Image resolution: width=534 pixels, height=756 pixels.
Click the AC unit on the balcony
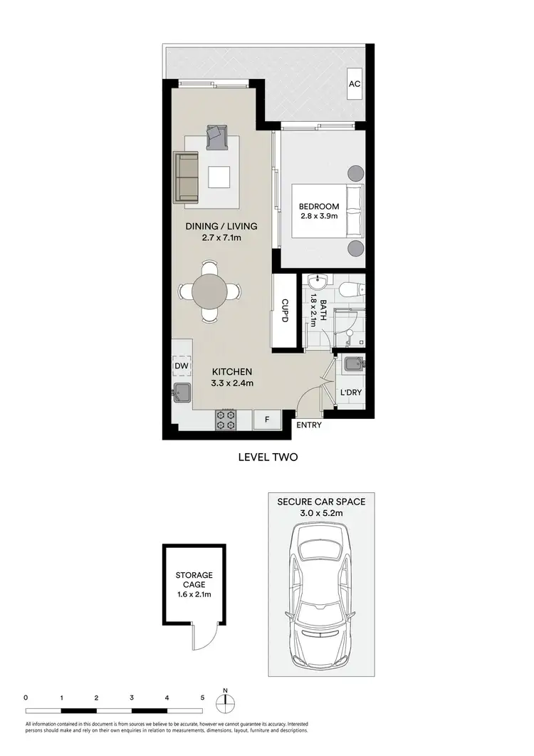(355, 84)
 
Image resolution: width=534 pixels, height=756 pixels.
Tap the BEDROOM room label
(319, 207)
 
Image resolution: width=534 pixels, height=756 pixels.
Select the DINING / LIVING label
(221, 227)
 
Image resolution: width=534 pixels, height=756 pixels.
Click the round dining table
(210, 291)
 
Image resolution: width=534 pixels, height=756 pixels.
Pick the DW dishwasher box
(182, 366)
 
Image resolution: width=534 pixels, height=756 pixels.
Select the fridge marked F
(267, 419)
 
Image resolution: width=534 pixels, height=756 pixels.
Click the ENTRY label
(308, 425)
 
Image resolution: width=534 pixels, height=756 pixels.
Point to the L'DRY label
(350, 393)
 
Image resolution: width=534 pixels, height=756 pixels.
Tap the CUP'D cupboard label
(284, 311)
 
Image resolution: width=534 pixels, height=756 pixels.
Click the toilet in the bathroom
(352, 289)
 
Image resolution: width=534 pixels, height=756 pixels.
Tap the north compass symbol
(225, 702)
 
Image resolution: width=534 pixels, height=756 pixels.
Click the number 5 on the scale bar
(203, 698)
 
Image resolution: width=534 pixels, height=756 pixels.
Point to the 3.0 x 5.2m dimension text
(320, 514)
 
